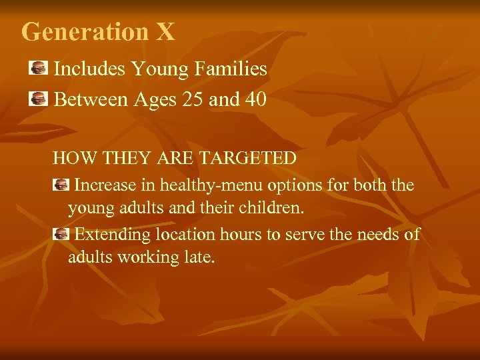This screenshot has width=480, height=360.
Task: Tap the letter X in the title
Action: (x=166, y=31)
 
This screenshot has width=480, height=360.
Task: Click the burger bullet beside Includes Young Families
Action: (x=39, y=67)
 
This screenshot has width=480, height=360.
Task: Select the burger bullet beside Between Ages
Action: (x=39, y=99)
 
